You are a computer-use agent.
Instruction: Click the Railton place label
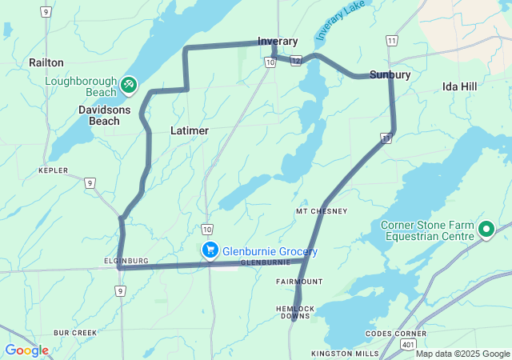click(46, 62)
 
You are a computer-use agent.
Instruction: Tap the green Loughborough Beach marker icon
click(128, 84)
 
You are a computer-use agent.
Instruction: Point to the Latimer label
click(190, 130)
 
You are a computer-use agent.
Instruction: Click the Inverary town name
click(278, 41)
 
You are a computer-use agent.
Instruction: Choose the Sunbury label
click(390, 74)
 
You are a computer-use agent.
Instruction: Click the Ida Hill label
click(460, 86)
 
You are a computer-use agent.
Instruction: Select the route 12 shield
click(296, 61)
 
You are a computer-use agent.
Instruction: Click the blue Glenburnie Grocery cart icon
click(210, 251)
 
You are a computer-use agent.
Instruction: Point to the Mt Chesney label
click(322, 211)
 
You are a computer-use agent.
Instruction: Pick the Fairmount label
click(299, 282)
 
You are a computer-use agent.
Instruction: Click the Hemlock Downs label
click(294, 312)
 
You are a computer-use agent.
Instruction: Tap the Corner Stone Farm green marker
click(486, 230)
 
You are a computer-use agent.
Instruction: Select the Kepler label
click(54, 170)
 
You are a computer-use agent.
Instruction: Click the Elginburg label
click(126, 261)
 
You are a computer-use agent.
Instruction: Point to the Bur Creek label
click(75, 332)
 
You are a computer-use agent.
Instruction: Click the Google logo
click(26, 350)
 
